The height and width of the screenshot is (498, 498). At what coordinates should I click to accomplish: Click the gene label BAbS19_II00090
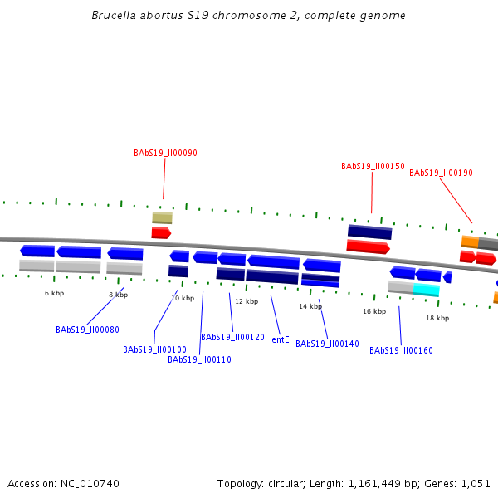pyautogui.click(x=165, y=154)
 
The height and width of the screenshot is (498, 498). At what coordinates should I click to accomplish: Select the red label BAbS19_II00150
pyautogui.click(x=373, y=167)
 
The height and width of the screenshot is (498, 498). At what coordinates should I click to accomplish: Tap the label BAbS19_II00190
pyautogui.click(x=441, y=173)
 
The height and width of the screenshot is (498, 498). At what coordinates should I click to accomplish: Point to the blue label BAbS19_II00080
pyautogui.click(x=87, y=330)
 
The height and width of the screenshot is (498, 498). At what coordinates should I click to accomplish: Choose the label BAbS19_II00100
pyautogui.click(x=154, y=350)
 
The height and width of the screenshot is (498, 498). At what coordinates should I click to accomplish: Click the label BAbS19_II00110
pyautogui.click(x=199, y=360)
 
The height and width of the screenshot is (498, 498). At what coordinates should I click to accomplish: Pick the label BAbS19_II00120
pyautogui.click(x=232, y=338)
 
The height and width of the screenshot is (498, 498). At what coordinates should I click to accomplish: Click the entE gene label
pyautogui.click(x=281, y=340)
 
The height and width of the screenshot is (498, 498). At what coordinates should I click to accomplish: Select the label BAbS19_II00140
pyautogui.click(x=327, y=344)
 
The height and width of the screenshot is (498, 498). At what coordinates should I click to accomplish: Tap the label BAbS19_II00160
pyautogui.click(x=401, y=351)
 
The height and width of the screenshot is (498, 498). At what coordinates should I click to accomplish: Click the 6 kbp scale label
pyautogui.click(x=54, y=293)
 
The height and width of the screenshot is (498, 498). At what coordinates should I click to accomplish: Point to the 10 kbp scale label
pyautogui.click(x=183, y=298)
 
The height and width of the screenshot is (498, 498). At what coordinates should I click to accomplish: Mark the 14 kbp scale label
pyautogui.click(x=310, y=306)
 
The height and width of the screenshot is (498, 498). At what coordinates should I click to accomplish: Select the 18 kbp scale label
pyautogui.click(x=437, y=318)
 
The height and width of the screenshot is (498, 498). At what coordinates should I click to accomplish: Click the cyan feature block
pyautogui.click(x=427, y=290)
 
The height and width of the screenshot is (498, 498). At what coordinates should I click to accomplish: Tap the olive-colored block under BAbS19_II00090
pyautogui.click(x=162, y=217)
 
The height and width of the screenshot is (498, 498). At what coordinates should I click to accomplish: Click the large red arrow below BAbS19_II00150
pyautogui.click(x=368, y=247)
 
